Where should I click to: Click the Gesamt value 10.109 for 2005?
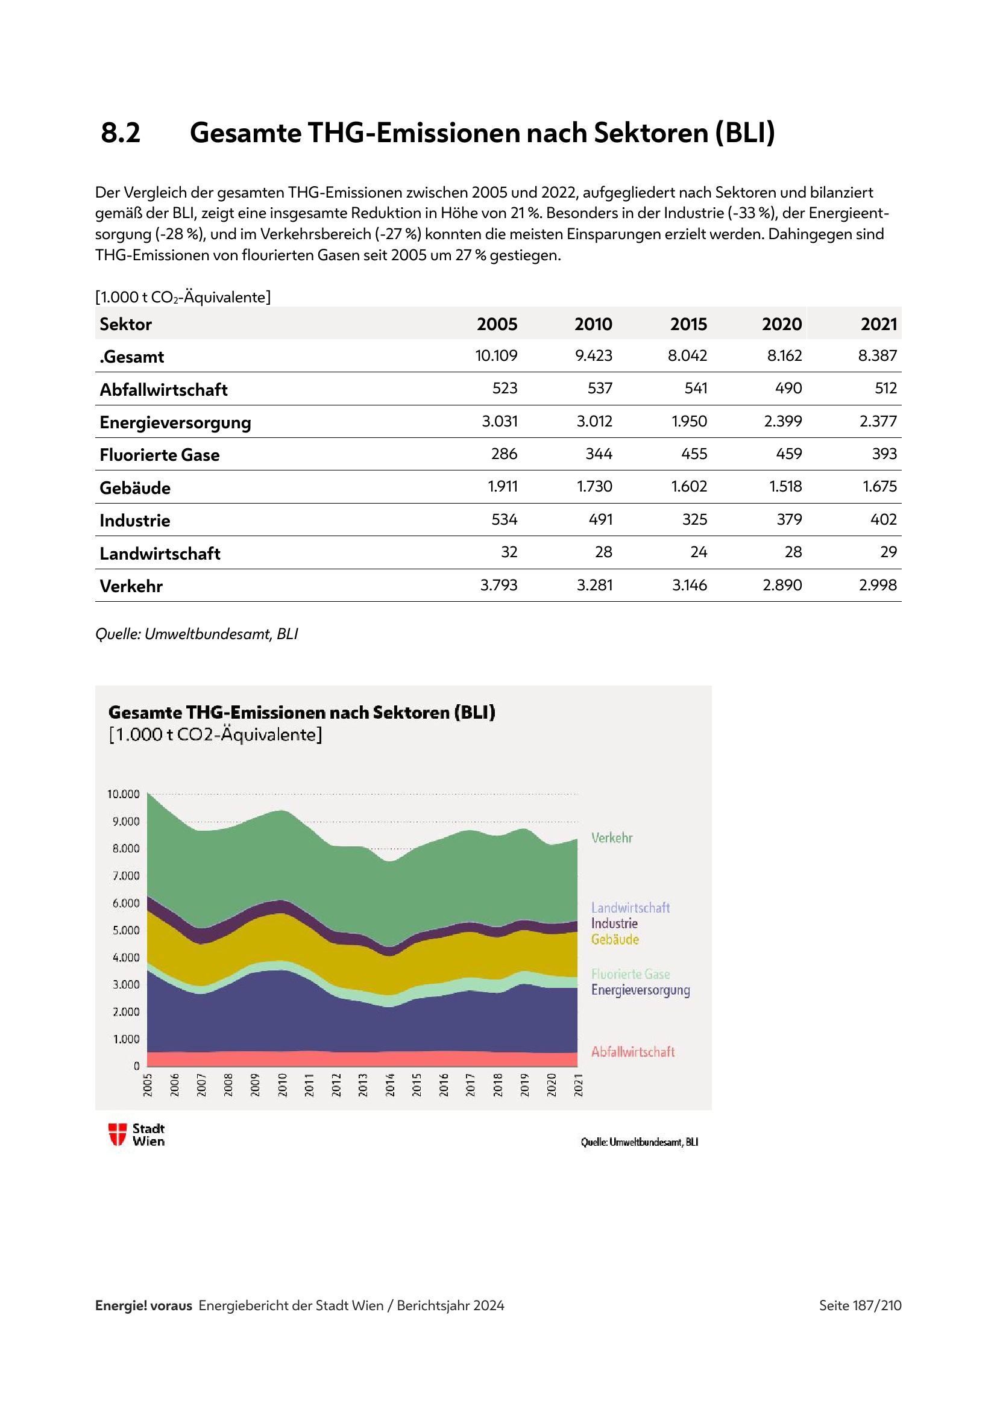tap(496, 355)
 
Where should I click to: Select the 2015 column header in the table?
tap(688, 324)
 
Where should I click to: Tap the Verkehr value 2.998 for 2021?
tap(877, 585)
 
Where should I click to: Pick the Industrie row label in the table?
tap(135, 520)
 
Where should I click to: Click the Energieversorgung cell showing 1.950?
tap(689, 421)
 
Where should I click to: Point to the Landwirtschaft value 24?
tap(699, 552)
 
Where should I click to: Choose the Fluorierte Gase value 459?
tap(789, 454)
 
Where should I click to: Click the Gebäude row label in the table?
tap(135, 488)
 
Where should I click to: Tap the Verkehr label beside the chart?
tap(611, 838)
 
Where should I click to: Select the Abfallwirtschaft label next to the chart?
tap(632, 1052)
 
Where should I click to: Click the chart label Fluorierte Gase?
tap(630, 974)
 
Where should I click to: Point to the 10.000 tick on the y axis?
tap(124, 794)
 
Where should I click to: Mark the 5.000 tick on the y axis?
tap(126, 930)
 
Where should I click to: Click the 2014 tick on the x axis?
tap(390, 1084)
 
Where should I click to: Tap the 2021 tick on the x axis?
tap(578, 1084)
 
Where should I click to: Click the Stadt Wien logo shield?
tap(118, 1134)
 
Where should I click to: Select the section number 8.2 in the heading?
tap(121, 133)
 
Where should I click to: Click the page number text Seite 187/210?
tap(860, 1305)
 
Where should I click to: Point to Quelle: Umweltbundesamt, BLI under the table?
tap(197, 634)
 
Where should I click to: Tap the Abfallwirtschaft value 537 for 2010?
tap(599, 388)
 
